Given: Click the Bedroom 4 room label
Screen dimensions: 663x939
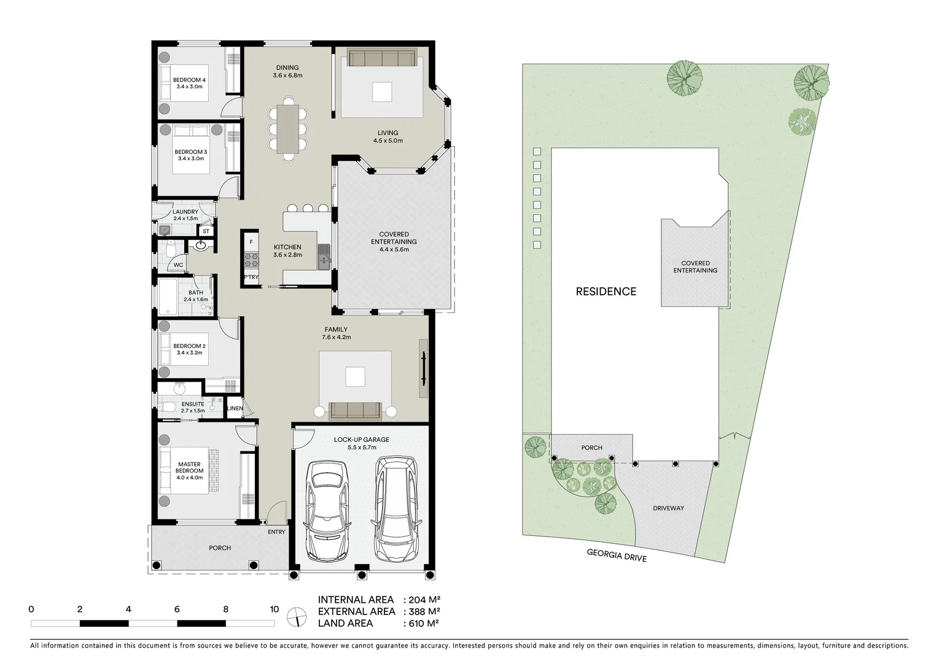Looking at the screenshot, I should [x=189, y=83].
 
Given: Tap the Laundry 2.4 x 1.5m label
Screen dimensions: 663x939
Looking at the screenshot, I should [x=185, y=215].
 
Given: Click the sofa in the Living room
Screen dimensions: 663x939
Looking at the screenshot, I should [x=381, y=58].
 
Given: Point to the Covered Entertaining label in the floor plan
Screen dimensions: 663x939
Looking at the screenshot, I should [x=394, y=242].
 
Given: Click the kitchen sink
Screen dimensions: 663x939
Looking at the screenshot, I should [x=324, y=257].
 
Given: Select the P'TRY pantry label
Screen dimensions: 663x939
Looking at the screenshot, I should [x=251, y=278].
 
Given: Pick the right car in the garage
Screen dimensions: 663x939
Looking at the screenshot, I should [x=398, y=508].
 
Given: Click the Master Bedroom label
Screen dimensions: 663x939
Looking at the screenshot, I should [x=189, y=470].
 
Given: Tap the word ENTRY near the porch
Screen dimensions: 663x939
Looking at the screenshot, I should [x=276, y=532].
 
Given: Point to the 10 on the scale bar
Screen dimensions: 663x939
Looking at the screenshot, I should [x=274, y=610].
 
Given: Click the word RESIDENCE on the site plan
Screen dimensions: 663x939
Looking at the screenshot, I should [x=606, y=292].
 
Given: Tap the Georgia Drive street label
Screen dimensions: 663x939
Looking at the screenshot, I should [x=617, y=555].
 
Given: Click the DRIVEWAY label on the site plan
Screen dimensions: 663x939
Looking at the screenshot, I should [x=668, y=508].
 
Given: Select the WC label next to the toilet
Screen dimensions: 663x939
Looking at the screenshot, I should [x=178, y=265].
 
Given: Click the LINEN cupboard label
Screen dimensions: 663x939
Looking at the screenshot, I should [x=235, y=408].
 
